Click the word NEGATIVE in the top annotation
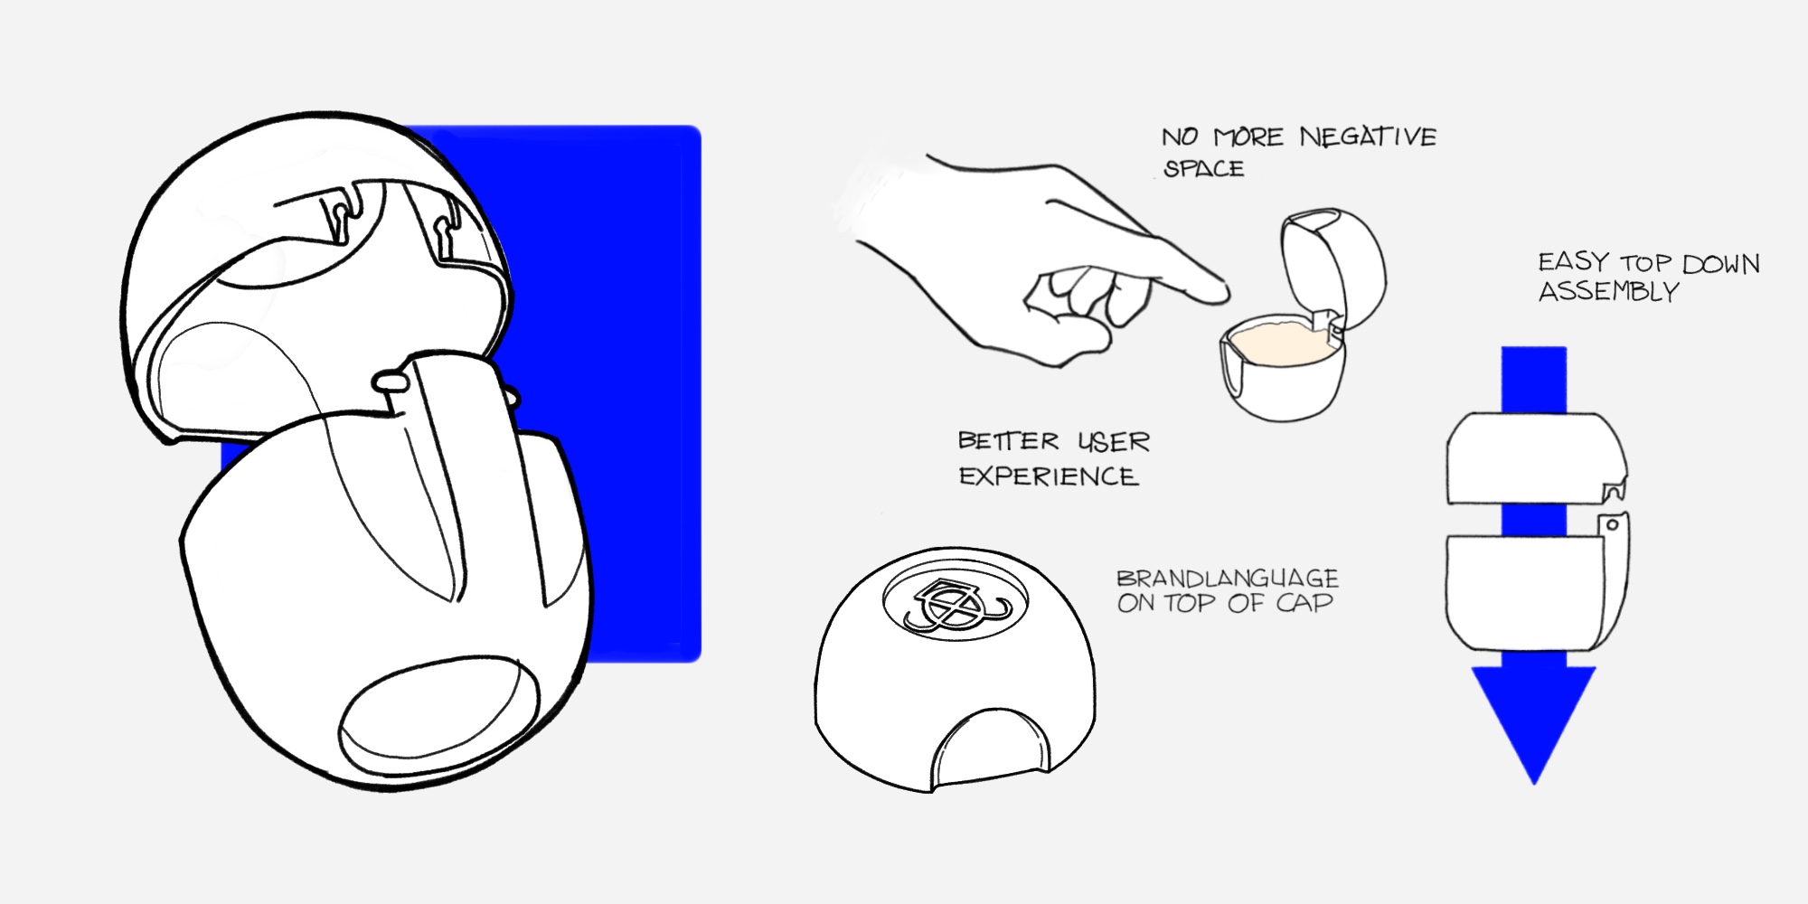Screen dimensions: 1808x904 tap(1368, 137)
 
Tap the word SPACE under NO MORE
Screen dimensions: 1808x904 tap(1203, 169)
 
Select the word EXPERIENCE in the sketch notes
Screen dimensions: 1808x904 tap(1048, 476)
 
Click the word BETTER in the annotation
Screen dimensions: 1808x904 tap(1008, 441)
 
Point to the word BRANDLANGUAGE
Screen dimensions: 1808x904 tap(1228, 579)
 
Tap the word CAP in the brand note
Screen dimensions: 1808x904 tap(1304, 603)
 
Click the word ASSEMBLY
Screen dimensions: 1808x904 tap(1609, 291)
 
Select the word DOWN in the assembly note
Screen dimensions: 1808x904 tap(1721, 264)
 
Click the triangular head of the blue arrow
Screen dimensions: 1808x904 tap(1534, 714)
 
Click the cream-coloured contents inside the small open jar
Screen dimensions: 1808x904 tap(1275, 344)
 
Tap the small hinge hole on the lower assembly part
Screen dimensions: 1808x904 tap(1612, 524)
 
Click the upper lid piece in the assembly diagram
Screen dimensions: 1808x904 tap(1535, 458)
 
